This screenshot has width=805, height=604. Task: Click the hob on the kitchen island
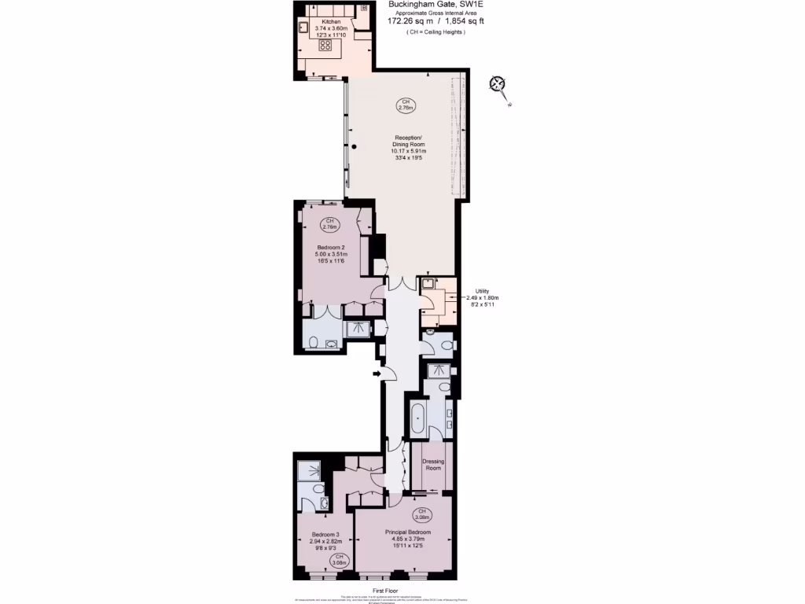coord(325,45)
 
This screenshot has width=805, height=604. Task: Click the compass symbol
coord(497,84)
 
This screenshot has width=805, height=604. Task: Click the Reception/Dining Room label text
coord(409,149)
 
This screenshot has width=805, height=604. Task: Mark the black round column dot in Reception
coord(355,147)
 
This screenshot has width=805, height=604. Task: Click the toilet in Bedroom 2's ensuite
coord(314,343)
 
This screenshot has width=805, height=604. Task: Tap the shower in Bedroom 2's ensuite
coord(358,328)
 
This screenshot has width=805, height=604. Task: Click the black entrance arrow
coord(377,374)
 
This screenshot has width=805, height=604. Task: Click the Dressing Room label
coord(433,465)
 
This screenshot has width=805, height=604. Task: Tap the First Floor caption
coord(387,590)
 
